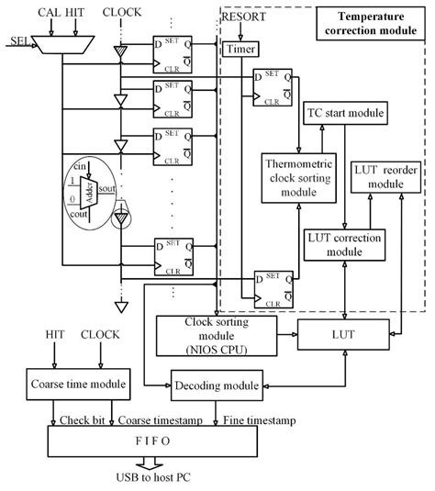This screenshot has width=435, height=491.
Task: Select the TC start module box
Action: [x=343, y=113]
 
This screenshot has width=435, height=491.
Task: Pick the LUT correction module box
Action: [x=345, y=242]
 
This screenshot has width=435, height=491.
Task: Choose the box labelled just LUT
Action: [x=343, y=337]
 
